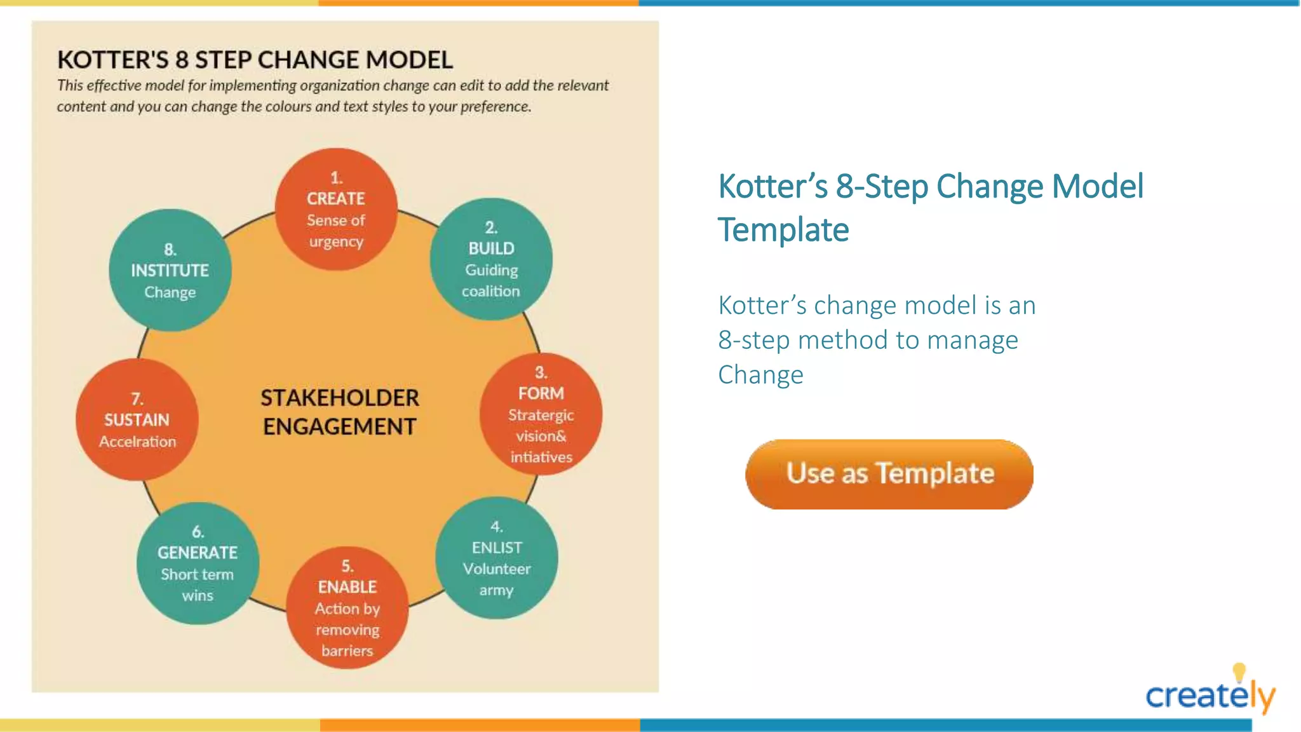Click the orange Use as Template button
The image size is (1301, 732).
pyautogui.click(x=889, y=474)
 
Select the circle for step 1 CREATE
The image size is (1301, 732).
pyautogui.click(x=336, y=210)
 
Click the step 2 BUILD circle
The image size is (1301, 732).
pyautogui.click(x=491, y=259)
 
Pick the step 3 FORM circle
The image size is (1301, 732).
pyautogui.click(x=541, y=414)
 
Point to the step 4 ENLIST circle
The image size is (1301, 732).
pyautogui.click(x=496, y=558)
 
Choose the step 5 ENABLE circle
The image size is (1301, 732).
pyautogui.click(x=347, y=607)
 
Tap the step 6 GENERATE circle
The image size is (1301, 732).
pyautogui.click(x=198, y=564)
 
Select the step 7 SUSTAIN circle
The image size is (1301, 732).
pyautogui.click(x=137, y=419)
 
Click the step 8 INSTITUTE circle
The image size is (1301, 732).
pyautogui.click(x=170, y=270)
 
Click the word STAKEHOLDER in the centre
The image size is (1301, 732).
pyautogui.click(x=340, y=398)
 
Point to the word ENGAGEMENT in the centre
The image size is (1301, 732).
pyautogui.click(x=340, y=427)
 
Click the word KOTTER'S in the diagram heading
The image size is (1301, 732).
pyautogui.click(x=113, y=60)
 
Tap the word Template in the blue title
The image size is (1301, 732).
pyautogui.click(x=783, y=230)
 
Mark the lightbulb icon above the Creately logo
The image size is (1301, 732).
pyautogui.click(x=1239, y=672)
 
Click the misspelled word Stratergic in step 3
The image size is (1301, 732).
pyautogui.click(x=541, y=416)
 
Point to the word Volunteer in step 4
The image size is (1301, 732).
pyautogui.click(x=496, y=569)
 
